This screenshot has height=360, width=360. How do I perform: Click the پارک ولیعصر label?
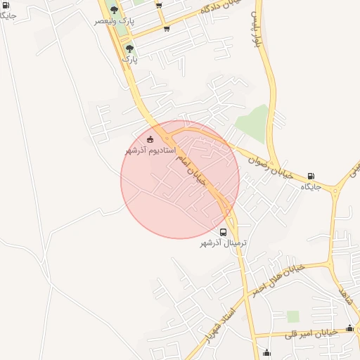point(113,22)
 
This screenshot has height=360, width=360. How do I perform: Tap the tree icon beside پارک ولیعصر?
point(114,9)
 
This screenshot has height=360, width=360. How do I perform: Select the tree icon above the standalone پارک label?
point(129,49)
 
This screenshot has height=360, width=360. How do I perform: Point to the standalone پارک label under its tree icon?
point(130,60)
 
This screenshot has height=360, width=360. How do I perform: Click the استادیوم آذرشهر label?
point(150,150)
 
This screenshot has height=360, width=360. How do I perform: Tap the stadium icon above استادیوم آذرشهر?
point(150,139)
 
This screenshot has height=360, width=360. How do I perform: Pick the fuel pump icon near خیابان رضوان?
point(311,176)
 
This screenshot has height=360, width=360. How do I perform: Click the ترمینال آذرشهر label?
point(224,243)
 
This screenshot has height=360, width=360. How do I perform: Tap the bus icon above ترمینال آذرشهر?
point(223,232)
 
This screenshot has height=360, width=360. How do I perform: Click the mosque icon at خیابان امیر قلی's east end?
point(349,328)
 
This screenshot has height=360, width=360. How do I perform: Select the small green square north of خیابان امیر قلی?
point(292,316)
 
